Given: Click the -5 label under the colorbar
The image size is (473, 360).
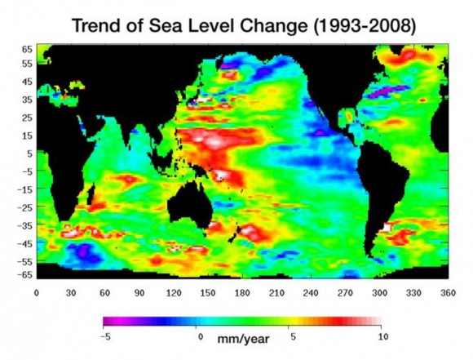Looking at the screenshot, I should [x=105, y=336].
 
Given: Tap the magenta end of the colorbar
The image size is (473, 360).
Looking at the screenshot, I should [x=108, y=322].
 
